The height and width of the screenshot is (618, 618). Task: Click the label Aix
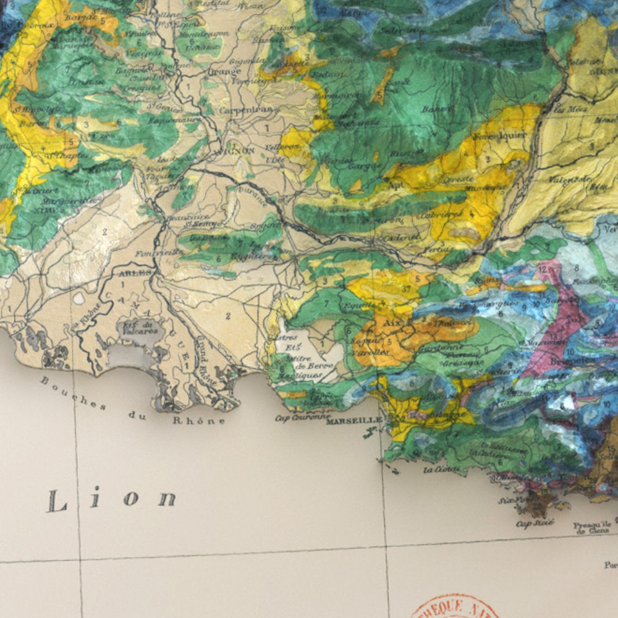coord(388,323)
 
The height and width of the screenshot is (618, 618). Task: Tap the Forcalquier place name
coord(500,135)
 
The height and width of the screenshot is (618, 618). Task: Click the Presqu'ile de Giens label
coord(595,527)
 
